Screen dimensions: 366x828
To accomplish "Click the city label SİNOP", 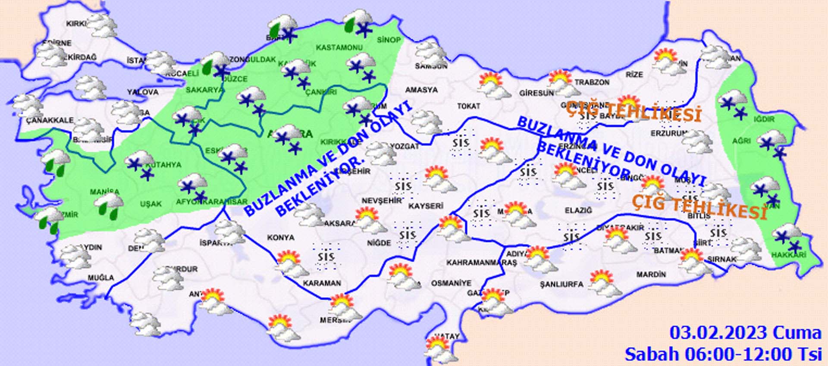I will coord(389,40).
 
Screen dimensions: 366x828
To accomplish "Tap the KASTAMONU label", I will coord(339,47).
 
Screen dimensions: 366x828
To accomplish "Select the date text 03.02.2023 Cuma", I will coord(745,333).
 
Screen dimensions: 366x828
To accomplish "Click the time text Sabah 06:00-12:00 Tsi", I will coord(723,354).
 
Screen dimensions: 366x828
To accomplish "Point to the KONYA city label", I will coord(280,238).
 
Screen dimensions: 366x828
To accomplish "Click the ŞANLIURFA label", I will coord(561,284).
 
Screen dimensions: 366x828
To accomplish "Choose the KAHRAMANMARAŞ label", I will coord(481,263).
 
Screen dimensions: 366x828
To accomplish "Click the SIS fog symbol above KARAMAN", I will coord(326,257).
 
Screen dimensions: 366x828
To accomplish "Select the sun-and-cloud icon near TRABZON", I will coord(563,83).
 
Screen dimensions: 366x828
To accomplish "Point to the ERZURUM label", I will coord(668,134).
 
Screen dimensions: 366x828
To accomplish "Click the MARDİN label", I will coord(651,274).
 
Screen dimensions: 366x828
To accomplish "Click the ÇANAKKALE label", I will coord(50,120).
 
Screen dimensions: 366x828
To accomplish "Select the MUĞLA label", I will coord(101,278).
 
